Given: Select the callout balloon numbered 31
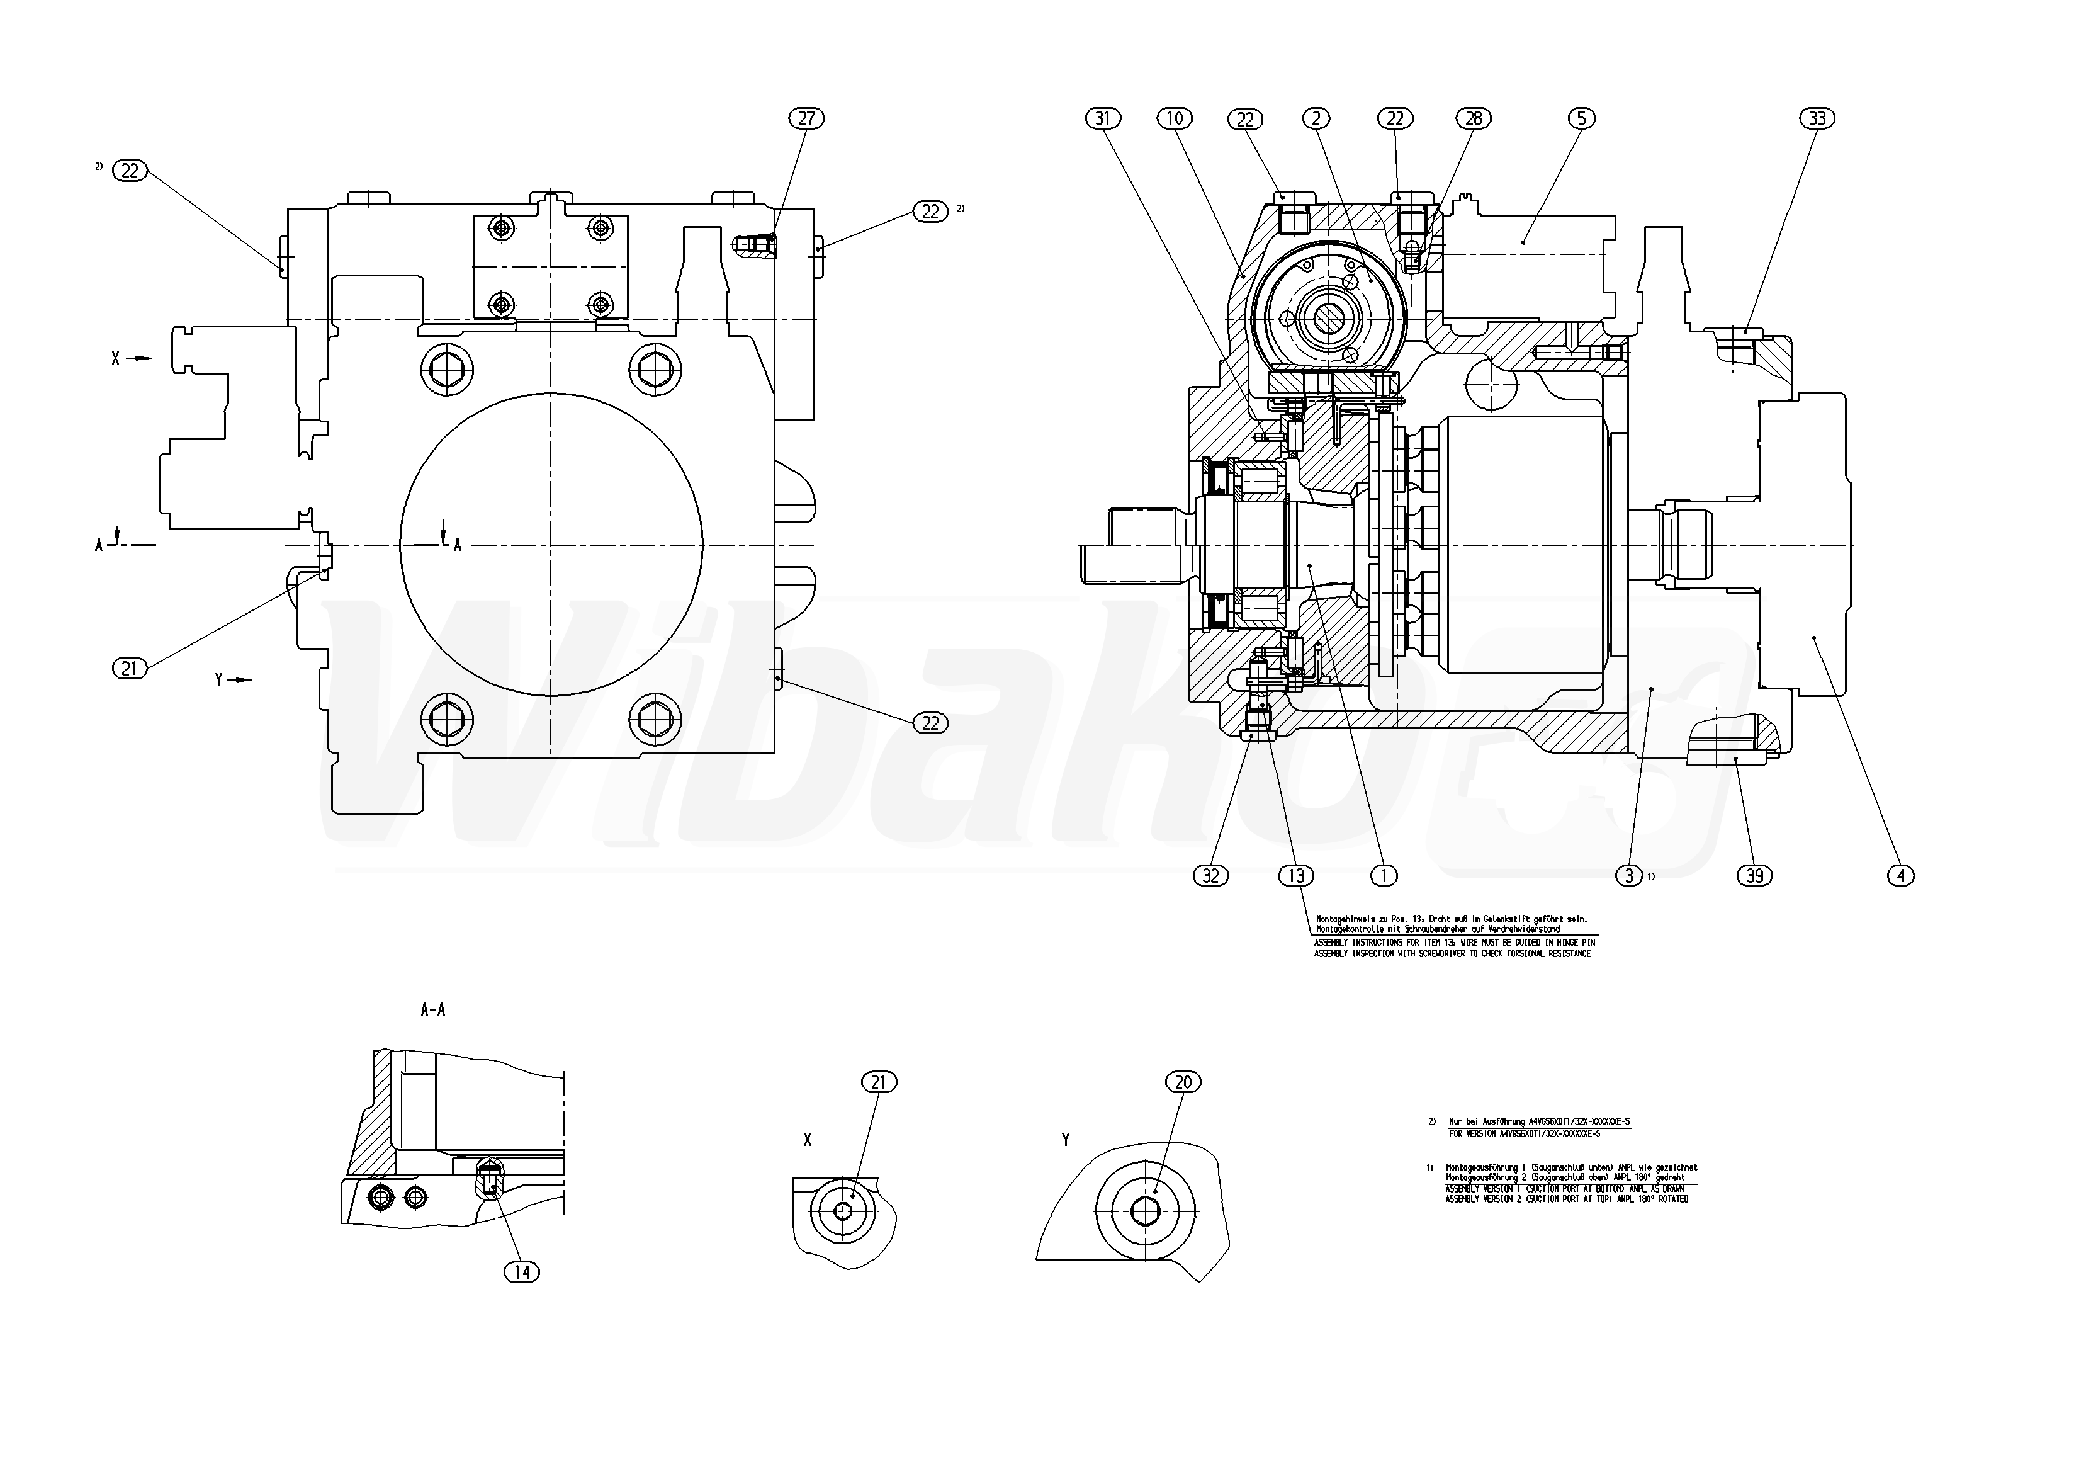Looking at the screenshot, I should coord(1103,118).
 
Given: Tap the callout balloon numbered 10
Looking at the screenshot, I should coord(1175,118).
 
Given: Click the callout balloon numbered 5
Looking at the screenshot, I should coord(1581,118).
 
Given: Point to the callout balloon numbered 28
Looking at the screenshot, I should coord(1474,118).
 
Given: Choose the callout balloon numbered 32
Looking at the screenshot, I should coord(1210,876).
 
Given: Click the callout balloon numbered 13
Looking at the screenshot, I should coord(1295,876).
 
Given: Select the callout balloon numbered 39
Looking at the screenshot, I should coord(1754,876).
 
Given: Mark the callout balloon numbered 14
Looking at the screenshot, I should coord(521,1273).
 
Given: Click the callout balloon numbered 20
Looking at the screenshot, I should coord(1183,1082).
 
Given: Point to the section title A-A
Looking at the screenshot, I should coord(433,1009).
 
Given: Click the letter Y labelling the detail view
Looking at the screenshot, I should coord(1066,1140).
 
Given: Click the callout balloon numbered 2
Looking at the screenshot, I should coord(1316,118).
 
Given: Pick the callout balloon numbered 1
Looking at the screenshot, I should coord(1383,876).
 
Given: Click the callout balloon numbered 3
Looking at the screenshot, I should coord(1628,876).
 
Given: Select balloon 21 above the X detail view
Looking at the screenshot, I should coord(879,1082).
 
